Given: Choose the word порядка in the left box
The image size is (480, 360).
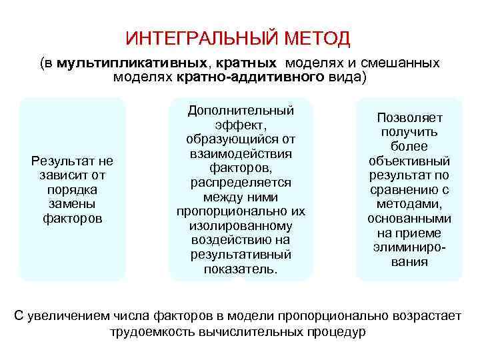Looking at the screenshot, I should point(73,189).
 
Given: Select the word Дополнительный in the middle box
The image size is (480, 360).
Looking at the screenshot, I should point(241,109).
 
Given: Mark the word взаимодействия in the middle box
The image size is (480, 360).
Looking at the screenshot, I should point(241,153).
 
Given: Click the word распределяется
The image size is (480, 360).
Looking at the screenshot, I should point(241,182).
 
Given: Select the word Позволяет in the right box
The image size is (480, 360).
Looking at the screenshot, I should point(409,117).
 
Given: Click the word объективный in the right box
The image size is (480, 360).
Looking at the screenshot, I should point(409,161).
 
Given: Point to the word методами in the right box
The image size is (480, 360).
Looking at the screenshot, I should point(409,204).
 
